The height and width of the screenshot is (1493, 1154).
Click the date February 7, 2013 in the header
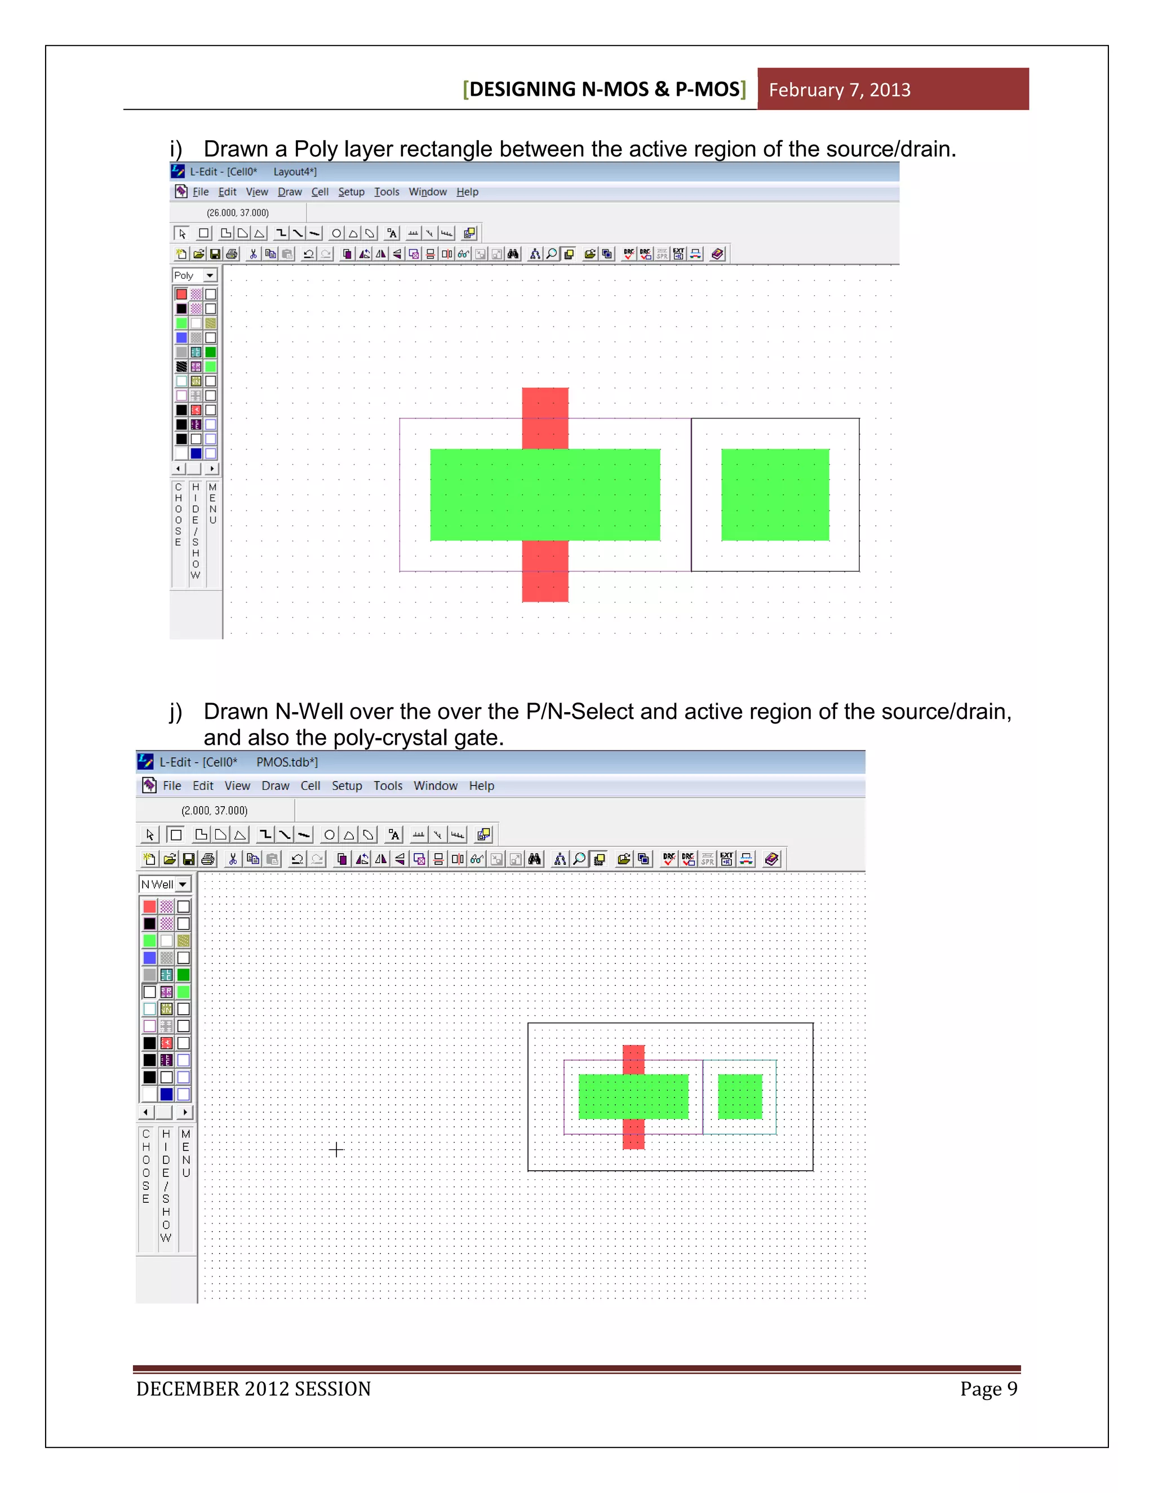pyautogui.click(x=839, y=90)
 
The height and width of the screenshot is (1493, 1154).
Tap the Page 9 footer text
pyautogui.click(x=988, y=1388)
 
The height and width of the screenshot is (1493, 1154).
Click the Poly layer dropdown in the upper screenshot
pyautogui.click(x=195, y=276)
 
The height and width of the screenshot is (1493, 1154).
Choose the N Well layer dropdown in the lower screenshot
pyautogui.click(x=165, y=884)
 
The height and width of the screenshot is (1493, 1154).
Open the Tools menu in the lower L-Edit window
pyautogui.click(x=388, y=786)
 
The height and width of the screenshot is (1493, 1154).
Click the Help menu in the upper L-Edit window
pyautogui.click(x=467, y=192)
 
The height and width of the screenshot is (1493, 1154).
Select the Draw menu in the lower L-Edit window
pyautogui.click(x=275, y=786)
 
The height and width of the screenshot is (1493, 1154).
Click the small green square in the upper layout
pyautogui.click(x=775, y=494)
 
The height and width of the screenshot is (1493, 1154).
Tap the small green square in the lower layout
pyautogui.click(x=740, y=1096)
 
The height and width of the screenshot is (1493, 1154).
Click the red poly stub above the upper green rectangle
pyautogui.click(x=545, y=417)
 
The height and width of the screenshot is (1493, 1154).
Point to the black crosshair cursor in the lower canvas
pyautogui.click(x=336, y=1150)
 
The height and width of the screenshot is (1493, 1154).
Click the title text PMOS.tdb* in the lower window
pyautogui.click(x=286, y=762)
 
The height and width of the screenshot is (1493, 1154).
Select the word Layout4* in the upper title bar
pyautogui.click(x=295, y=172)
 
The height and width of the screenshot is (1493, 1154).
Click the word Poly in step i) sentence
pyautogui.click(x=316, y=149)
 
